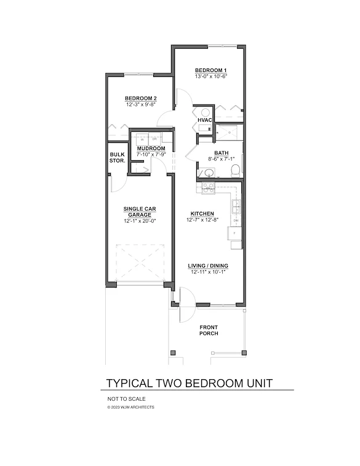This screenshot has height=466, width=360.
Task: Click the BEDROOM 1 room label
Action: pos(211,70)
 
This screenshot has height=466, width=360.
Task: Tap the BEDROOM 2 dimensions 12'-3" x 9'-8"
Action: pos(141,105)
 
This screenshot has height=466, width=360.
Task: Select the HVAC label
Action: pos(204,120)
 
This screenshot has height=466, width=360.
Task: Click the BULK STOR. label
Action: pos(117,158)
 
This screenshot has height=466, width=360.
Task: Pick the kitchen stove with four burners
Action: pos(206,187)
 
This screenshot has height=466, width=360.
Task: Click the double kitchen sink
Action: pos(236,203)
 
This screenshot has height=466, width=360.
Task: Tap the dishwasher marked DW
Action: pos(236,220)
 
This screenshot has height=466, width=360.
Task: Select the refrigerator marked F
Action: pos(236,234)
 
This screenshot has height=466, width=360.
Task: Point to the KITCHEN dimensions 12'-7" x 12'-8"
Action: pos(202,220)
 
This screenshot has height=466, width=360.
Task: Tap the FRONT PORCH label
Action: pos(209,330)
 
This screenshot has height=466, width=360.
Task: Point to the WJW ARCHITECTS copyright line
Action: pos(130,407)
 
